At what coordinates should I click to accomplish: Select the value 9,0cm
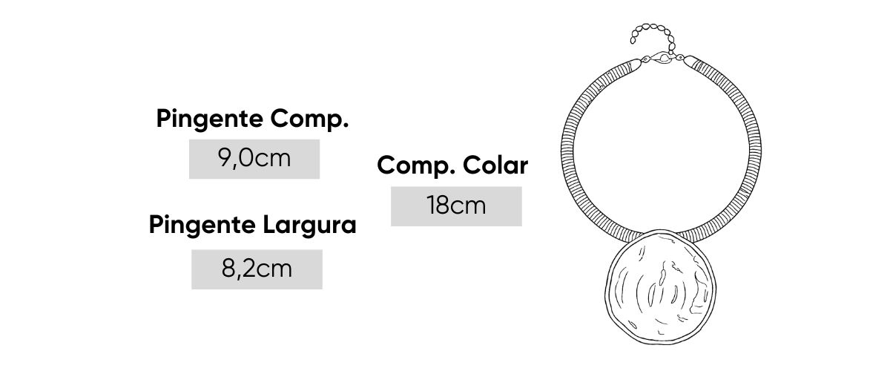coord(254,159)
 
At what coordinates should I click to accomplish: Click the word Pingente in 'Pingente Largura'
coord(201,225)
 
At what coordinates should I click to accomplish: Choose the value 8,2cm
coord(257,269)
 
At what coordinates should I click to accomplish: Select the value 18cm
coord(456,206)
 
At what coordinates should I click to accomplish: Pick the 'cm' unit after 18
coord(469,206)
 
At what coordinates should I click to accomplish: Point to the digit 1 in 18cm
coord(431,206)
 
